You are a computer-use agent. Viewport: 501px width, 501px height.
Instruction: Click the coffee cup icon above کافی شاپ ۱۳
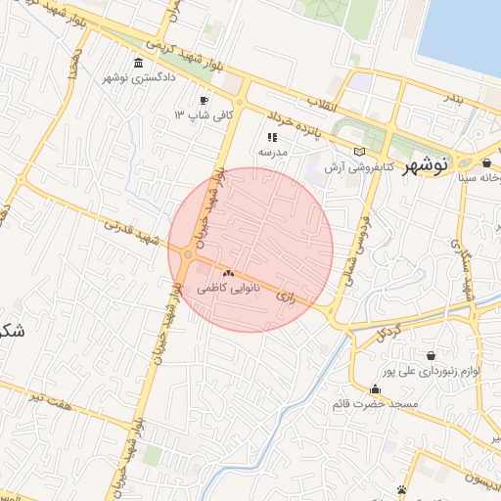tap(204, 101)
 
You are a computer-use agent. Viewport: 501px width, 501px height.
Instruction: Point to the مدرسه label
tap(271, 154)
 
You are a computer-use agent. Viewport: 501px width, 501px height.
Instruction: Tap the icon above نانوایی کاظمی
tap(228, 274)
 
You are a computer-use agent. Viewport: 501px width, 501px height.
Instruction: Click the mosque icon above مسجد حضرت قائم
tap(375, 388)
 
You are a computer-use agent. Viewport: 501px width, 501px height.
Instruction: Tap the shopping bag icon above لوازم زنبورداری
tap(432, 355)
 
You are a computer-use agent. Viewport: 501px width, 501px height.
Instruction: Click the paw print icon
tap(401, 489)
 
